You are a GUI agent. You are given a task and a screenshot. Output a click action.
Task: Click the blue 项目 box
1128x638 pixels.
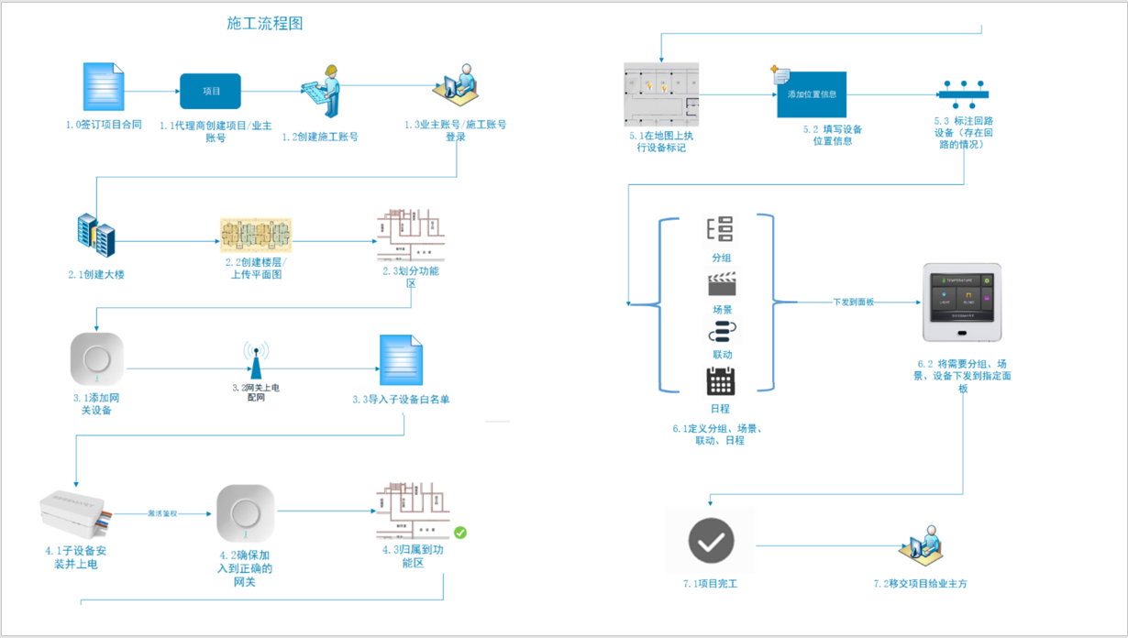[x=211, y=92]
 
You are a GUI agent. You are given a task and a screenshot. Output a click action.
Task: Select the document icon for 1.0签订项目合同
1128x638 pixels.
[x=103, y=87]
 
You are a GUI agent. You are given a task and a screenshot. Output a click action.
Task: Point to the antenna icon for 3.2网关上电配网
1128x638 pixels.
[x=256, y=360]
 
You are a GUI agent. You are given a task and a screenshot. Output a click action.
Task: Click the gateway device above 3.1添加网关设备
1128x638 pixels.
[x=97, y=358]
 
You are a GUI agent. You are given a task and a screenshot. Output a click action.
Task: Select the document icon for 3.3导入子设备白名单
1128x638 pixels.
[x=402, y=360]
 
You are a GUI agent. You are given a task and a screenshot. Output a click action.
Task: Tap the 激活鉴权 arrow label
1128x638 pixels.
[x=162, y=513]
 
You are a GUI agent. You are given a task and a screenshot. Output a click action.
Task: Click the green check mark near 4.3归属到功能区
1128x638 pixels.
[x=460, y=532]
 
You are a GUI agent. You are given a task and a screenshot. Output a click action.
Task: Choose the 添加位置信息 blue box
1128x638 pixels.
[x=812, y=94]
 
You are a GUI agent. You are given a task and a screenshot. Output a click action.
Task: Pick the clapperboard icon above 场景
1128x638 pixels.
[x=722, y=284]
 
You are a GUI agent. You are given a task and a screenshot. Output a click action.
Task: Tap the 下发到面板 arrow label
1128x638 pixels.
[x=853, y=302]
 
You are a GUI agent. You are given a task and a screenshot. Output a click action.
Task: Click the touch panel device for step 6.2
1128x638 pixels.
[x=961, y=307]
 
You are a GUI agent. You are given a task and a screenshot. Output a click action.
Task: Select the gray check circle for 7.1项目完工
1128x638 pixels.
[x=711, y=542]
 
